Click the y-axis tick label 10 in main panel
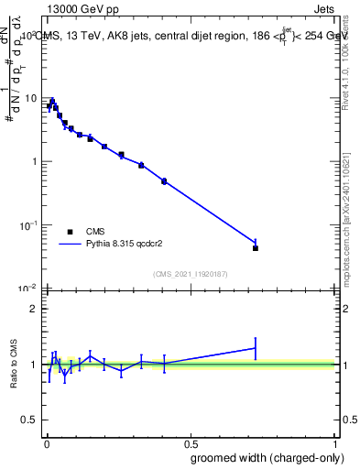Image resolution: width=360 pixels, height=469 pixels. pyautogui.click(x=30, y=98)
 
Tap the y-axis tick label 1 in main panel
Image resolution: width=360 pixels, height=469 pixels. pyautogui.click(x=34, y=162)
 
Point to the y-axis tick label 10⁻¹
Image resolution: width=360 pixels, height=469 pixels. pyautogui.click(x=28, y=224)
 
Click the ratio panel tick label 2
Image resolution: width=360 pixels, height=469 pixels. pyautogui.click(x=34, y=309)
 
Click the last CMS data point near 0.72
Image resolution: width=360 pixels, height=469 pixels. pyautogui.click(x=256, y=248)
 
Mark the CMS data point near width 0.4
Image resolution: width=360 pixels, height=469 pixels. pyautogui.click(x=164, y=181)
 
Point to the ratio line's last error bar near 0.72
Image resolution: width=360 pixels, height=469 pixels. pyautogui.click(x=256, y=348)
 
